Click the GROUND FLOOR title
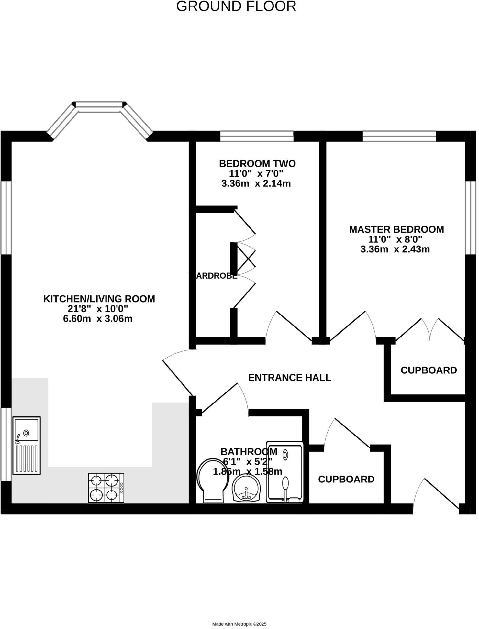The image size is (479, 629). (x=236, y=6)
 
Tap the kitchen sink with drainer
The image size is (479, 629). (x=27, y=446)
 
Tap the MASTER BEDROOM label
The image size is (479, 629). (x=396, y=229)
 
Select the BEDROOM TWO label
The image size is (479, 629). (x=257, y=163)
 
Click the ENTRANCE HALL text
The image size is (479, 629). (x=289, y=378)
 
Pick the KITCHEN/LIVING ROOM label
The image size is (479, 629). (x=99, y=299)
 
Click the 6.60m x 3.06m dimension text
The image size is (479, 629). (x=98, y=319)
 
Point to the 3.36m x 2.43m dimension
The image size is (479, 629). (x=395, y=249)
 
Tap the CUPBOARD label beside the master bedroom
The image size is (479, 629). (x=429, y=370)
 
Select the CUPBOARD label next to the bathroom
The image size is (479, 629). (x=346, y=479)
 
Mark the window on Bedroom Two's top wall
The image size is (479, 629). (x=257, y=136)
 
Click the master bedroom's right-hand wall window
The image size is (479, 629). (x=471, y=217)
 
